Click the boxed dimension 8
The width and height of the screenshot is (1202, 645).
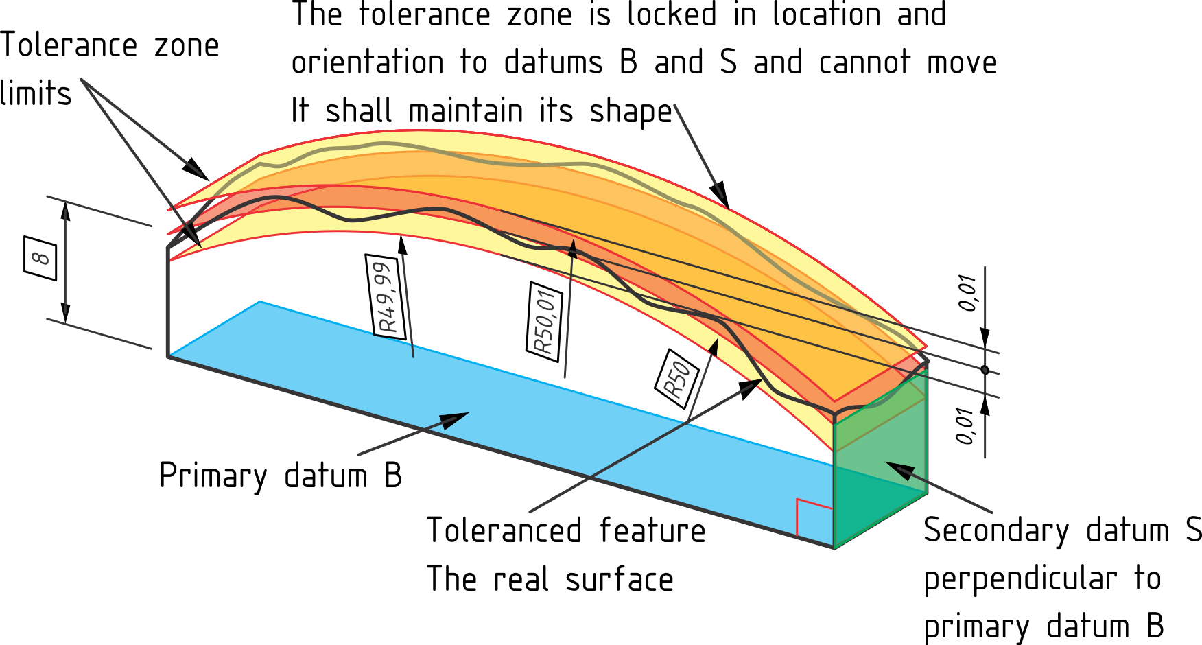40,258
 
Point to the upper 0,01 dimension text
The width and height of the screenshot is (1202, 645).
967,293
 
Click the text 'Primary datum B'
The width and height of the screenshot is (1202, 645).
281,476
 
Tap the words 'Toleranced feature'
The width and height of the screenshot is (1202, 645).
566,530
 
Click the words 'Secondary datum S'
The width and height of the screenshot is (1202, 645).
1063,530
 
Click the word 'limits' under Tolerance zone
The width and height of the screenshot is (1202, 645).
36,93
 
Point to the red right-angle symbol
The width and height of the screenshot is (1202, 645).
814,516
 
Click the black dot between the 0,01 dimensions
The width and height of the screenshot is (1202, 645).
985,370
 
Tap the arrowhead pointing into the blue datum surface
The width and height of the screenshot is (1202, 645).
453,419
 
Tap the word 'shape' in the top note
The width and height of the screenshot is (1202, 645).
631,112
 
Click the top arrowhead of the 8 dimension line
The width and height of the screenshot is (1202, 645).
66,211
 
